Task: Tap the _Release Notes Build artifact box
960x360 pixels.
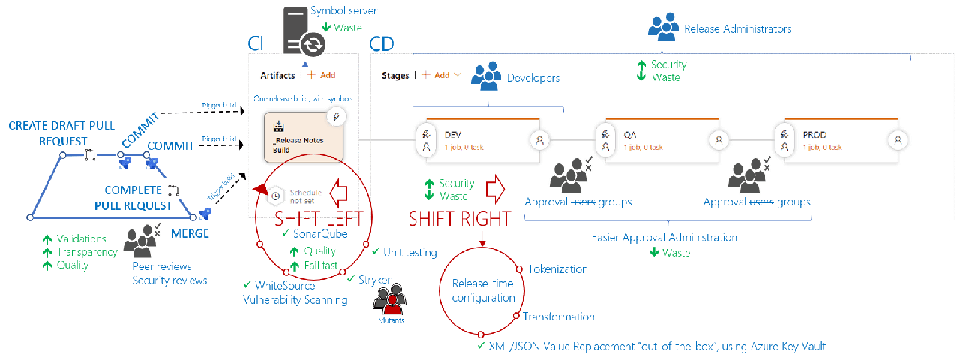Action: click(304, 136)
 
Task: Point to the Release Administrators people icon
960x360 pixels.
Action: click(664, 28)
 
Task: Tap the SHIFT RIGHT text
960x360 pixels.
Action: click(459, 219)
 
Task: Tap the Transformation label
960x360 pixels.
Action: click(559, 316)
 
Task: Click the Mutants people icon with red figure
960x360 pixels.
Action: click(390, 301)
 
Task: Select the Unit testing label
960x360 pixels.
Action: click(409, 252)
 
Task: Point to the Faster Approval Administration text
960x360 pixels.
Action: click(664, 237)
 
